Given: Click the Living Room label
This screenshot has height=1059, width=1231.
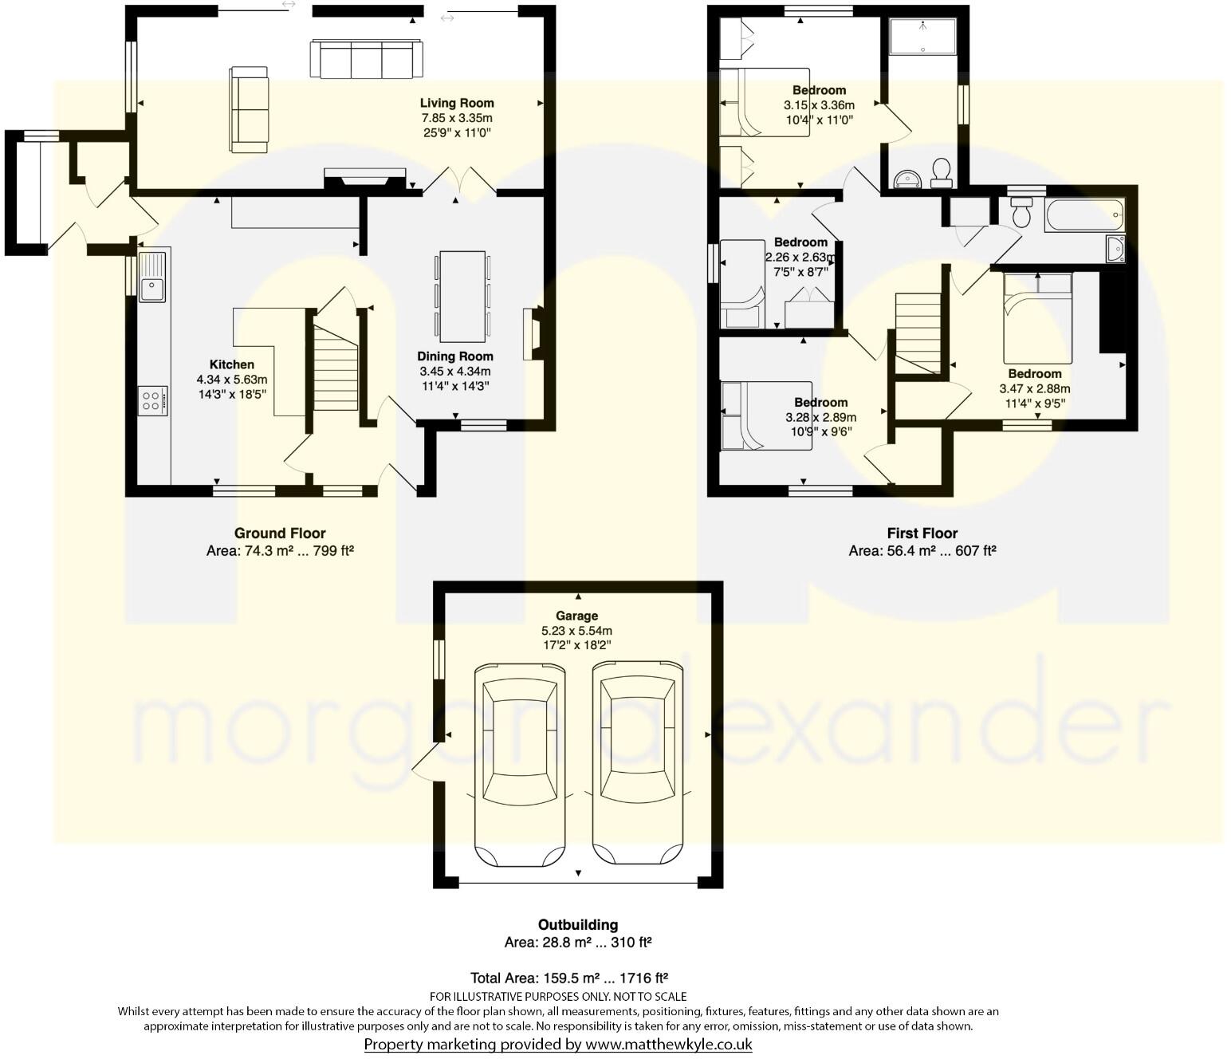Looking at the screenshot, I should pos(457,103).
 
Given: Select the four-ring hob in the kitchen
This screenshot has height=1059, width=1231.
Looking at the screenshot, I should pos(152,400).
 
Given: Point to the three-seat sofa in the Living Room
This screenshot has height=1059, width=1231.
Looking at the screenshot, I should pos(365,59).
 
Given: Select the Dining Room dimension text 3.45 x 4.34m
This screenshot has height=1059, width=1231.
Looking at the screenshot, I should pos(455,372).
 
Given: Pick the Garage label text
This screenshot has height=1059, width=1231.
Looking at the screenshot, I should pos(576,616).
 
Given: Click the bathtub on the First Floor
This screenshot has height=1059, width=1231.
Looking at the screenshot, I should pos(1084,215).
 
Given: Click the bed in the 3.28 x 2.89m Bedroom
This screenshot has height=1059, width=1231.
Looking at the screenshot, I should pos(765,415).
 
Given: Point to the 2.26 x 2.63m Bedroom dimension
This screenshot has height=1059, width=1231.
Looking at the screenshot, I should pos(800,257).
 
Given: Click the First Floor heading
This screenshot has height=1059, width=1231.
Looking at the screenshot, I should pos(922,533).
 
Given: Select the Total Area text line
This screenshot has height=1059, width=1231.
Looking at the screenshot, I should pos(568,978).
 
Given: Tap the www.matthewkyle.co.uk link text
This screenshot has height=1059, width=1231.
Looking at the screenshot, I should pos(668,1044).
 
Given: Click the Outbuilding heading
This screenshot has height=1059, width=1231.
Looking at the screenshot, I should pos(577,925).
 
